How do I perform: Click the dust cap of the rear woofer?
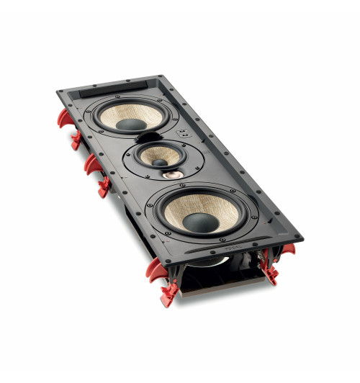coord(128,125)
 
